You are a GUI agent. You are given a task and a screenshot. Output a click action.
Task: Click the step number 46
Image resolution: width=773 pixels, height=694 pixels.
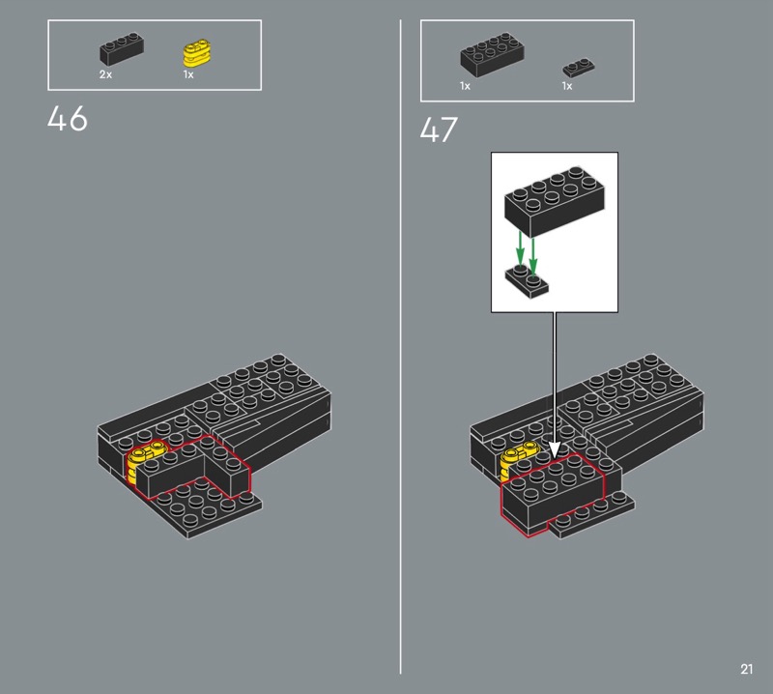[68, 118]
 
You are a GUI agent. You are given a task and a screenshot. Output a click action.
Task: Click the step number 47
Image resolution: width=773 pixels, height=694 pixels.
[439, 130]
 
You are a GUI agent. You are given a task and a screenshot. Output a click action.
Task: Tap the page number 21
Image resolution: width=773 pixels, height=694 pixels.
[746, 669]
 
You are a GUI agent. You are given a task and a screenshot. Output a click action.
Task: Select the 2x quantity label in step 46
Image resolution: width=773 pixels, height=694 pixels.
[105, 74]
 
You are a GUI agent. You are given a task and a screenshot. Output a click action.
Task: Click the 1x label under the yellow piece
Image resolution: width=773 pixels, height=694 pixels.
[188, 74]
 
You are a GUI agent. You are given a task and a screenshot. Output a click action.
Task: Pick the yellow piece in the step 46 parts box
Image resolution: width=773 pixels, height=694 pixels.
[197, 54]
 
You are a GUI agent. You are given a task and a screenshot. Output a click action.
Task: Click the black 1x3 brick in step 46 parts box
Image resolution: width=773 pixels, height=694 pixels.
[122, 49]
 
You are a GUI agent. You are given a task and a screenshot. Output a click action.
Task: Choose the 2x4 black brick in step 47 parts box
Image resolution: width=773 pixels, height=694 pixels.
[492, 55]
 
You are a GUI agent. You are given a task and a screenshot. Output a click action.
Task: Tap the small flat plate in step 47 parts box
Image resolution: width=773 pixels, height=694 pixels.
[579, 68]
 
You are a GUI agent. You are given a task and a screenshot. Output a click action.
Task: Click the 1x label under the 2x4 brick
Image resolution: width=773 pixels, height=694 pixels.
[465, 86]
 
